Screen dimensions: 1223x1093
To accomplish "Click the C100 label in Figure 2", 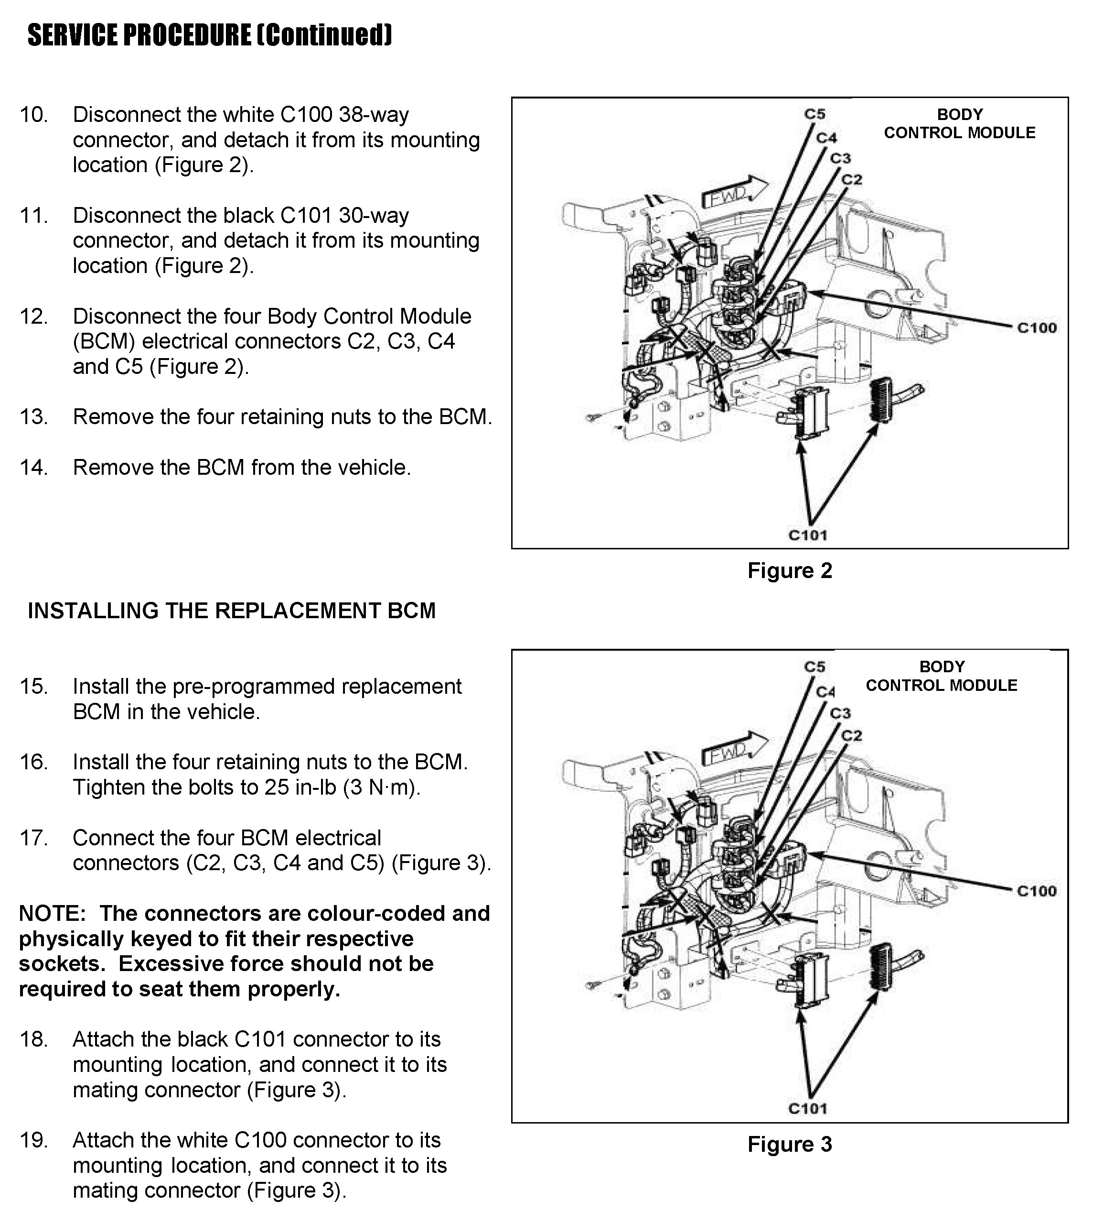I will (1037, 328).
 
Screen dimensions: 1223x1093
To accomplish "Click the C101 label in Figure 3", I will (808, 1109).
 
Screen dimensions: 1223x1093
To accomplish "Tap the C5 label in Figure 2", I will (815, 114).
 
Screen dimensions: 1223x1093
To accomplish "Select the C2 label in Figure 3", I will (852, 736).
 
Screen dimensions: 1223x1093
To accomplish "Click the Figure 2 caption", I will (790, 570).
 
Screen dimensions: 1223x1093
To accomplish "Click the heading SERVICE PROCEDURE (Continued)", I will (210, 35).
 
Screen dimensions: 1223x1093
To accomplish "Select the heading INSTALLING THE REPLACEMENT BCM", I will (232, 611).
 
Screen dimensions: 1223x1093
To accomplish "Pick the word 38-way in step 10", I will (374, 114).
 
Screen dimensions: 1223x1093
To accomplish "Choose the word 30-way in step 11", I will (374, 215).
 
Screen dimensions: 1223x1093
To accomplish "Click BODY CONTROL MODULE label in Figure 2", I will (959, 123).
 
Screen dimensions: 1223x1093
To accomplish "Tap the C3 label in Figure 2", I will (841, 159).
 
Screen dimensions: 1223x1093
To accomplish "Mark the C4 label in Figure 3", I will (826, 692).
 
